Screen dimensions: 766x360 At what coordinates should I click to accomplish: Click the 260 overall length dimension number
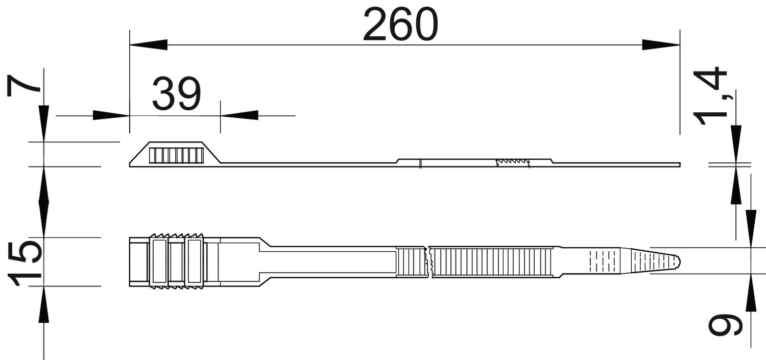[400, 24]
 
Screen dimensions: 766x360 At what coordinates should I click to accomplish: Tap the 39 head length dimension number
[176, 93]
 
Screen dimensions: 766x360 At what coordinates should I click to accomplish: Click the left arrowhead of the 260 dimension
[149, 45]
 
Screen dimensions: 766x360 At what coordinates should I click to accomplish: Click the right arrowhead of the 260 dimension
[661, 45]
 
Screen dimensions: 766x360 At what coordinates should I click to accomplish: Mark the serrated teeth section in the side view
[513, 162]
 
